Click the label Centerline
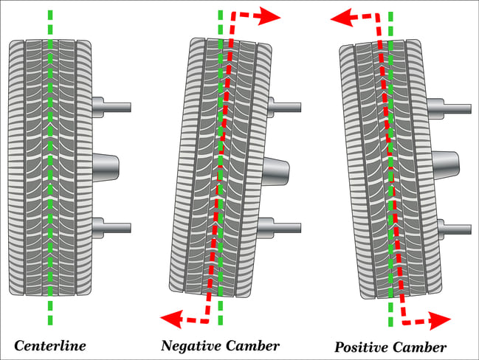click(49, 345)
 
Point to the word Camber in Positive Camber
click(421, 347)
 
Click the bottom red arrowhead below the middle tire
click(170, 319)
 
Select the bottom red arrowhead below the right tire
click(441, 321)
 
